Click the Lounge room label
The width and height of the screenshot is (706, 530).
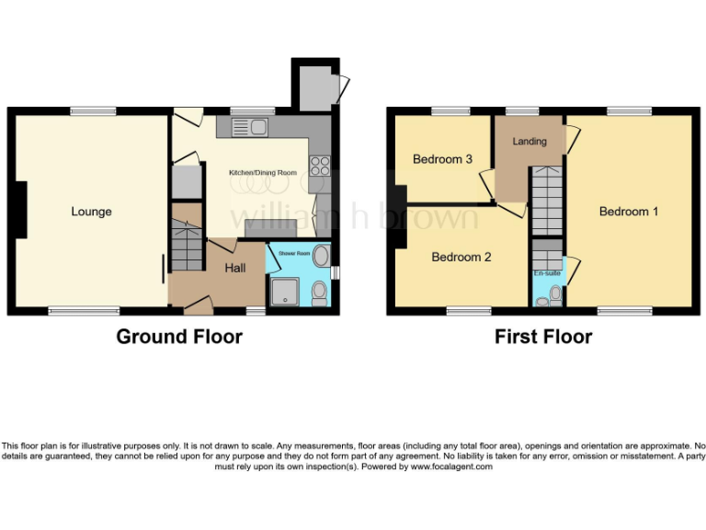(91, 212)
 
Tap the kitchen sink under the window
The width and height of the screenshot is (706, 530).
(251, 126)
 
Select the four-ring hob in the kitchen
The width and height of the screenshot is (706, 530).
(320, 166)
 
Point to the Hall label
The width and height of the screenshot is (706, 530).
(235, 268)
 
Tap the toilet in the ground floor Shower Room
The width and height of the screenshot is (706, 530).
(319, 293)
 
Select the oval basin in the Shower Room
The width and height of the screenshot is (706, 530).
(321, 255)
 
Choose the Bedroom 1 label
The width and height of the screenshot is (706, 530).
(629, 212)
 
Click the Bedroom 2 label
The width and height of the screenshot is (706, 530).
(461, 257)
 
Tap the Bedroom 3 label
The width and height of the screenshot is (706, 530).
(442, 159)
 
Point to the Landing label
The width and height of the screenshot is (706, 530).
(529, 142)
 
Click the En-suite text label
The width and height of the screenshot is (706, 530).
(547, 273)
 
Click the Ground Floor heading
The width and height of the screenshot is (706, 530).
(179, 337)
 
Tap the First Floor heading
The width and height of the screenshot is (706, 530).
(543, 337)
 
